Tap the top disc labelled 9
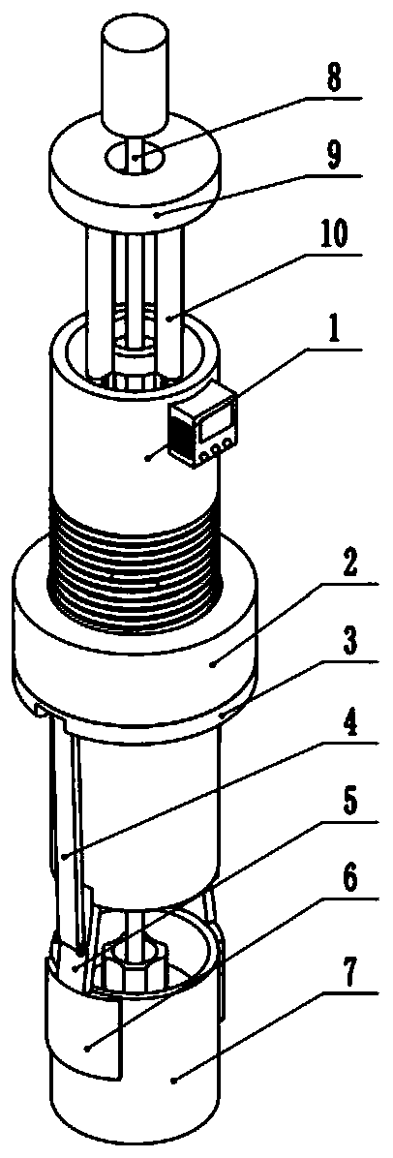pyautogui.click(x=136, y=171)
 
